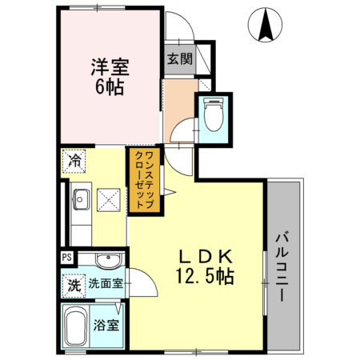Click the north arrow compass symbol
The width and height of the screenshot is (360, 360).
[x=266, y=26]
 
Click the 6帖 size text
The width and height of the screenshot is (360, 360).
[x=110, y=88]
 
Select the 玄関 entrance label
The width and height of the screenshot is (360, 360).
[x=179, y=58]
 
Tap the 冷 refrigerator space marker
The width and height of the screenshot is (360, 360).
[x=73, y=160]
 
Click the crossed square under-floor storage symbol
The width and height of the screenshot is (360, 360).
[x=108, y=199]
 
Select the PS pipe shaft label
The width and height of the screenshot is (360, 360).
[x=67, y=258]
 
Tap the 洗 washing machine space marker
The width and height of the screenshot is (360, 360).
[x=74, y=283]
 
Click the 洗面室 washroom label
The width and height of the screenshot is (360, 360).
[x=105, y=283]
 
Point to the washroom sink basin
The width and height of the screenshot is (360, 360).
[x=105, y=262]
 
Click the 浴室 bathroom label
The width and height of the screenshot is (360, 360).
[x=106, y=326]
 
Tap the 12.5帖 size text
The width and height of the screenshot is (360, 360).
[x=204, y=277]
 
